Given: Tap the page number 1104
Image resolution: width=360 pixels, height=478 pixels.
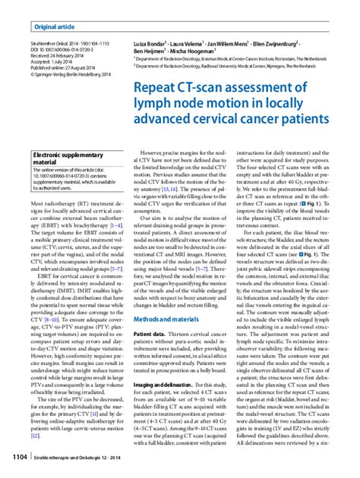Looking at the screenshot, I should (17, 458).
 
